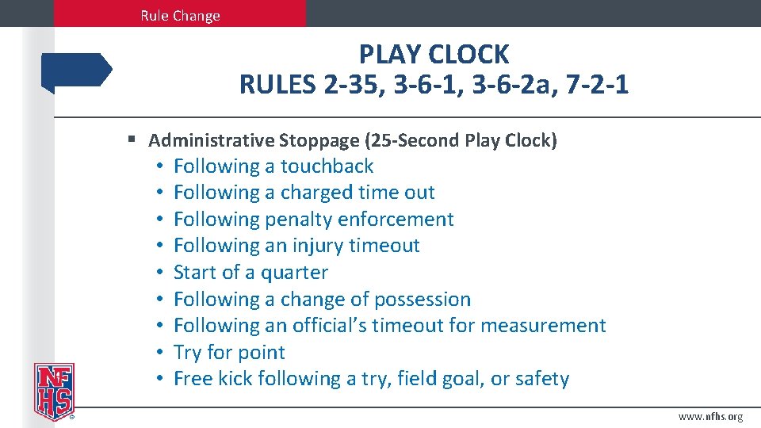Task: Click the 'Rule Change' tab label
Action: pyautogui.click(x=180, y=15)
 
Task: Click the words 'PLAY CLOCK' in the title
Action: pyautogui.click(x=434, y=54)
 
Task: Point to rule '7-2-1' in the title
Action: pyautogui.click(x=598, y=83)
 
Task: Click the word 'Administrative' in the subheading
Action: pyautogui.click(x=211, y=141)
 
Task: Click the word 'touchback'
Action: pyautogui.click(x=327, y=166)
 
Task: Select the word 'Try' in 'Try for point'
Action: pyautogui.click(x=189, y=353)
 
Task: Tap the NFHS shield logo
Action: pyautogui.click(x=53, y=391)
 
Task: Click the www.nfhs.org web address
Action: pyautogui.click(x=711, y=417)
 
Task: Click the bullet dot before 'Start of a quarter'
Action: pyautogui.click(x=160, y=273)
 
